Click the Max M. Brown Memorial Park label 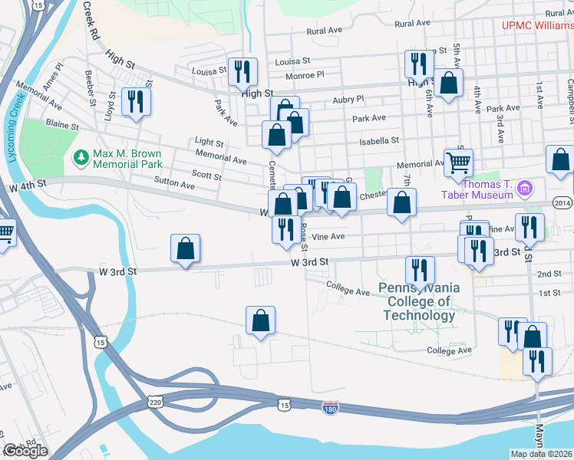click(x=127, y=159)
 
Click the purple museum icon click(x=525, y=188)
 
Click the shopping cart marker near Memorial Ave click(x=458, y=163)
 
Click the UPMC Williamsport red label click(x=537, y=25)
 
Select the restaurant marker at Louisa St click(x=242, y=72)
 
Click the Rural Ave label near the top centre click(x=324, y=31)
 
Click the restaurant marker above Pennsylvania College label click(x=420, y=270)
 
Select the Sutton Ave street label click(x=176, y=185)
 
